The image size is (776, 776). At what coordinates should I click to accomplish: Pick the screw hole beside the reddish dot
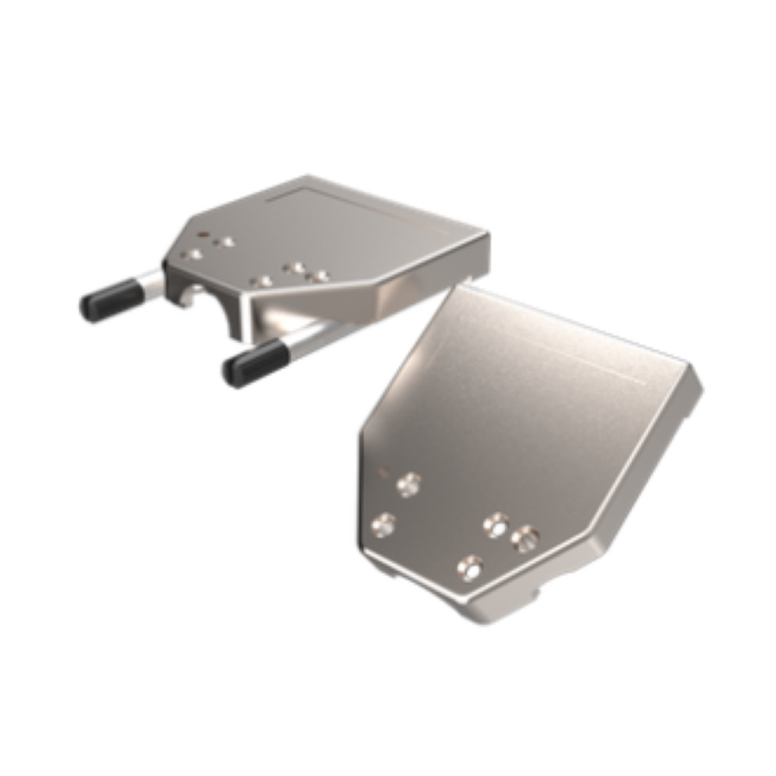tap(226, 242)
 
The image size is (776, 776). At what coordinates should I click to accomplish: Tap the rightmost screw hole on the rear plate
tap(321, 276)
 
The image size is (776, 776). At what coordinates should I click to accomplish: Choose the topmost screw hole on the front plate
tap(409, 485)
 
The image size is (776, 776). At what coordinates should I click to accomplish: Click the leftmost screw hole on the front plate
tap(383, 523)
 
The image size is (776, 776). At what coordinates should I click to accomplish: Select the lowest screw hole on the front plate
tap(470, 568)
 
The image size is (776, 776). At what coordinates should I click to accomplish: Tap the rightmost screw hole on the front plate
tap(524, 540)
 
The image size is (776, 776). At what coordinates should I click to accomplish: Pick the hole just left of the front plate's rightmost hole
tap(497, 523)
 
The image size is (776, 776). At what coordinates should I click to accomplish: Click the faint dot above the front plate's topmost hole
tap(385, 472)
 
